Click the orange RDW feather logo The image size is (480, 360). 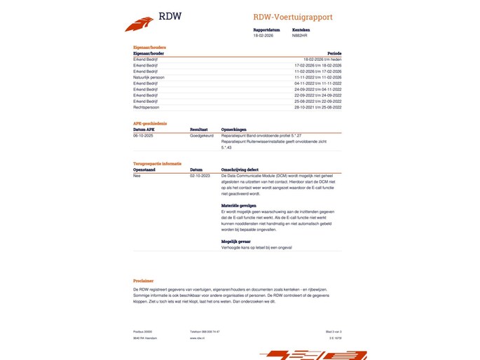click(x=139, y=25)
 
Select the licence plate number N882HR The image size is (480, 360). click(x=300, y=35)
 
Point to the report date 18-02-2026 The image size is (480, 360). click(x=263, y=35)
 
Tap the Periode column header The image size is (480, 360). click(x=334, y=53)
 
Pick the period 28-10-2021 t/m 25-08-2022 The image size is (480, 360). click(x=319, y=108)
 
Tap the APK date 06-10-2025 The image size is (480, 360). click(x=143, y=135)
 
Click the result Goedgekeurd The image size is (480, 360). click(x=201, y=135)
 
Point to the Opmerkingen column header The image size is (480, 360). click(x=234, y=130)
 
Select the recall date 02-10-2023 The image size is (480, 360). click(x=200, y=175)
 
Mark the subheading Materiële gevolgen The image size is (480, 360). click(x=238, y=206)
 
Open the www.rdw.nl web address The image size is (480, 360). click(x=197, y=338)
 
